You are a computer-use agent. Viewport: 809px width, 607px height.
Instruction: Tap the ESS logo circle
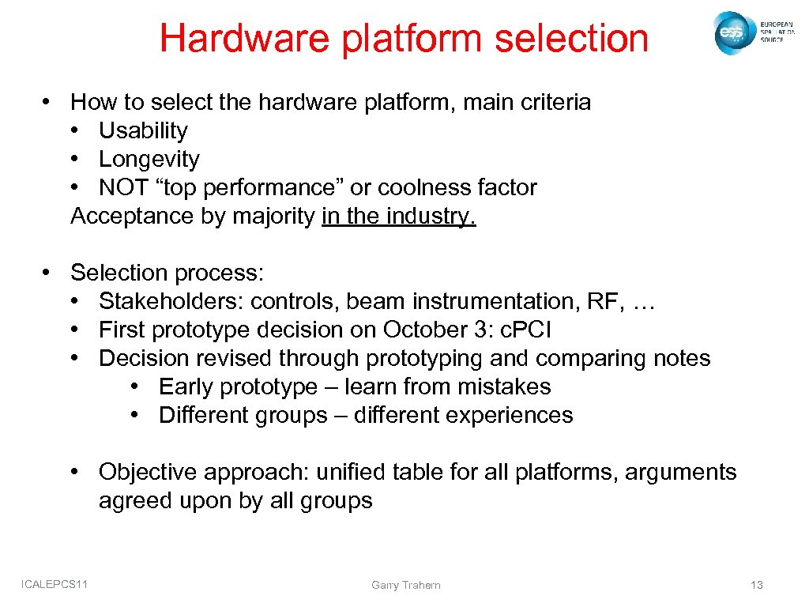pos(731,32)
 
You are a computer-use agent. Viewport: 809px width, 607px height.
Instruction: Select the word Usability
pos(143,130)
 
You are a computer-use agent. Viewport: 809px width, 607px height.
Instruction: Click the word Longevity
pos(149,159)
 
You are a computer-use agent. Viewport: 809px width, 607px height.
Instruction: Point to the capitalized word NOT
pos(122,187)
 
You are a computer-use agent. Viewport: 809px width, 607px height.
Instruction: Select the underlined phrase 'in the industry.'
pos(399,216)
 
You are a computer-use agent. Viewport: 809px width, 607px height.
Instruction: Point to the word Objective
pos(149,472)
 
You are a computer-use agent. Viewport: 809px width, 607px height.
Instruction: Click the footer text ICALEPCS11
pos(55,584)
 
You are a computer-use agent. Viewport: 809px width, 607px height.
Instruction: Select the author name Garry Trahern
pos(406,585)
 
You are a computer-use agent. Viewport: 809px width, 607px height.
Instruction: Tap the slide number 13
pos(756,585)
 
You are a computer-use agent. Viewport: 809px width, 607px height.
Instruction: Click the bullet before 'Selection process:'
pos(49,273)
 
